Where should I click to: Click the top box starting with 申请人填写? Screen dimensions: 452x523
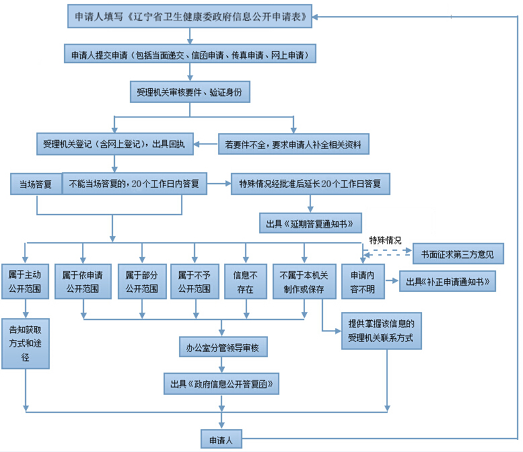[x=190, y=16]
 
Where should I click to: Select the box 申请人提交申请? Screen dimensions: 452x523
[x=190, y=54]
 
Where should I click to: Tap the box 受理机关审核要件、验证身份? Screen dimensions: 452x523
[x=190, y=92]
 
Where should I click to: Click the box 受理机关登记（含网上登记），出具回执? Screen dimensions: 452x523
[x=114, y=143]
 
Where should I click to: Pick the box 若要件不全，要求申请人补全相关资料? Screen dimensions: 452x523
[x=293, y=143]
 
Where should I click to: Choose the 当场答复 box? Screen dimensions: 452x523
[x=35, y=184]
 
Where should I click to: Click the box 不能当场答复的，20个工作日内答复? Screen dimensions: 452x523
[x=135, y=184]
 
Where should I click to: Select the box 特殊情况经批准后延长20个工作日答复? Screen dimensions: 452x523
[x=310, y=184]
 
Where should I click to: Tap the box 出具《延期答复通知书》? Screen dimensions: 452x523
[x=310, y=223]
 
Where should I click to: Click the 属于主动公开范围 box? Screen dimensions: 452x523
[x=26, y=282]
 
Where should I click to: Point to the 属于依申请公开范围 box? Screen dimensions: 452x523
[x=83, y=282]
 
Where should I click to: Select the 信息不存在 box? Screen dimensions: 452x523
[x=245, y=282]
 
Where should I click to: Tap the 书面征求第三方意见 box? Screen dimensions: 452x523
[x=458, y=254]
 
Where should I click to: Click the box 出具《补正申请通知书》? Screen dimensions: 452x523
[x=448, y=281]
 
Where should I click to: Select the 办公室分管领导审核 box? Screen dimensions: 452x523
[x=222, y=348]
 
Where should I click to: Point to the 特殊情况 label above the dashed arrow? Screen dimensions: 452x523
[x=385, y=240]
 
